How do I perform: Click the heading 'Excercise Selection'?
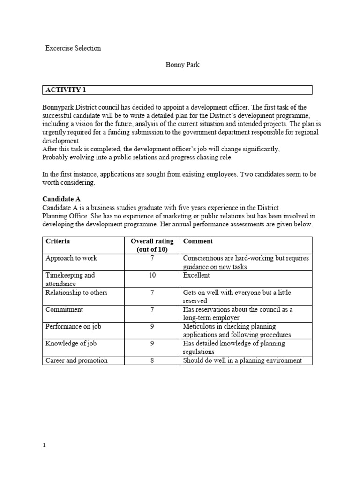(73, 48)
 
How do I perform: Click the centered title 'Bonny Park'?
(182, 65)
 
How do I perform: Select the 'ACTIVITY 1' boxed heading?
(66, 90)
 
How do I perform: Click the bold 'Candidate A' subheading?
(61, 199)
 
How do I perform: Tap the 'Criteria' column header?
(58, 241)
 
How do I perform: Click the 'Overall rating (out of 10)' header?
(152, 245)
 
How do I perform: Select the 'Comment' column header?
(198, 241)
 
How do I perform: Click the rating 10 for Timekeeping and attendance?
(152, 275)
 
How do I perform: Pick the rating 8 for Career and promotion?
(152, 360)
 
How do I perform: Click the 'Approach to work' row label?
(71, 258)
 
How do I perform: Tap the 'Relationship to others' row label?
(76, 292)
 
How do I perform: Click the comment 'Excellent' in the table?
(196, 275)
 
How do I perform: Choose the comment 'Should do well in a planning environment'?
(242, 360)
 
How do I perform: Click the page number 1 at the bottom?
(44, 446)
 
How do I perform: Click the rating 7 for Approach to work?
(152, 258)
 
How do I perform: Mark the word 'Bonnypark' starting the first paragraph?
(58, 107)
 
